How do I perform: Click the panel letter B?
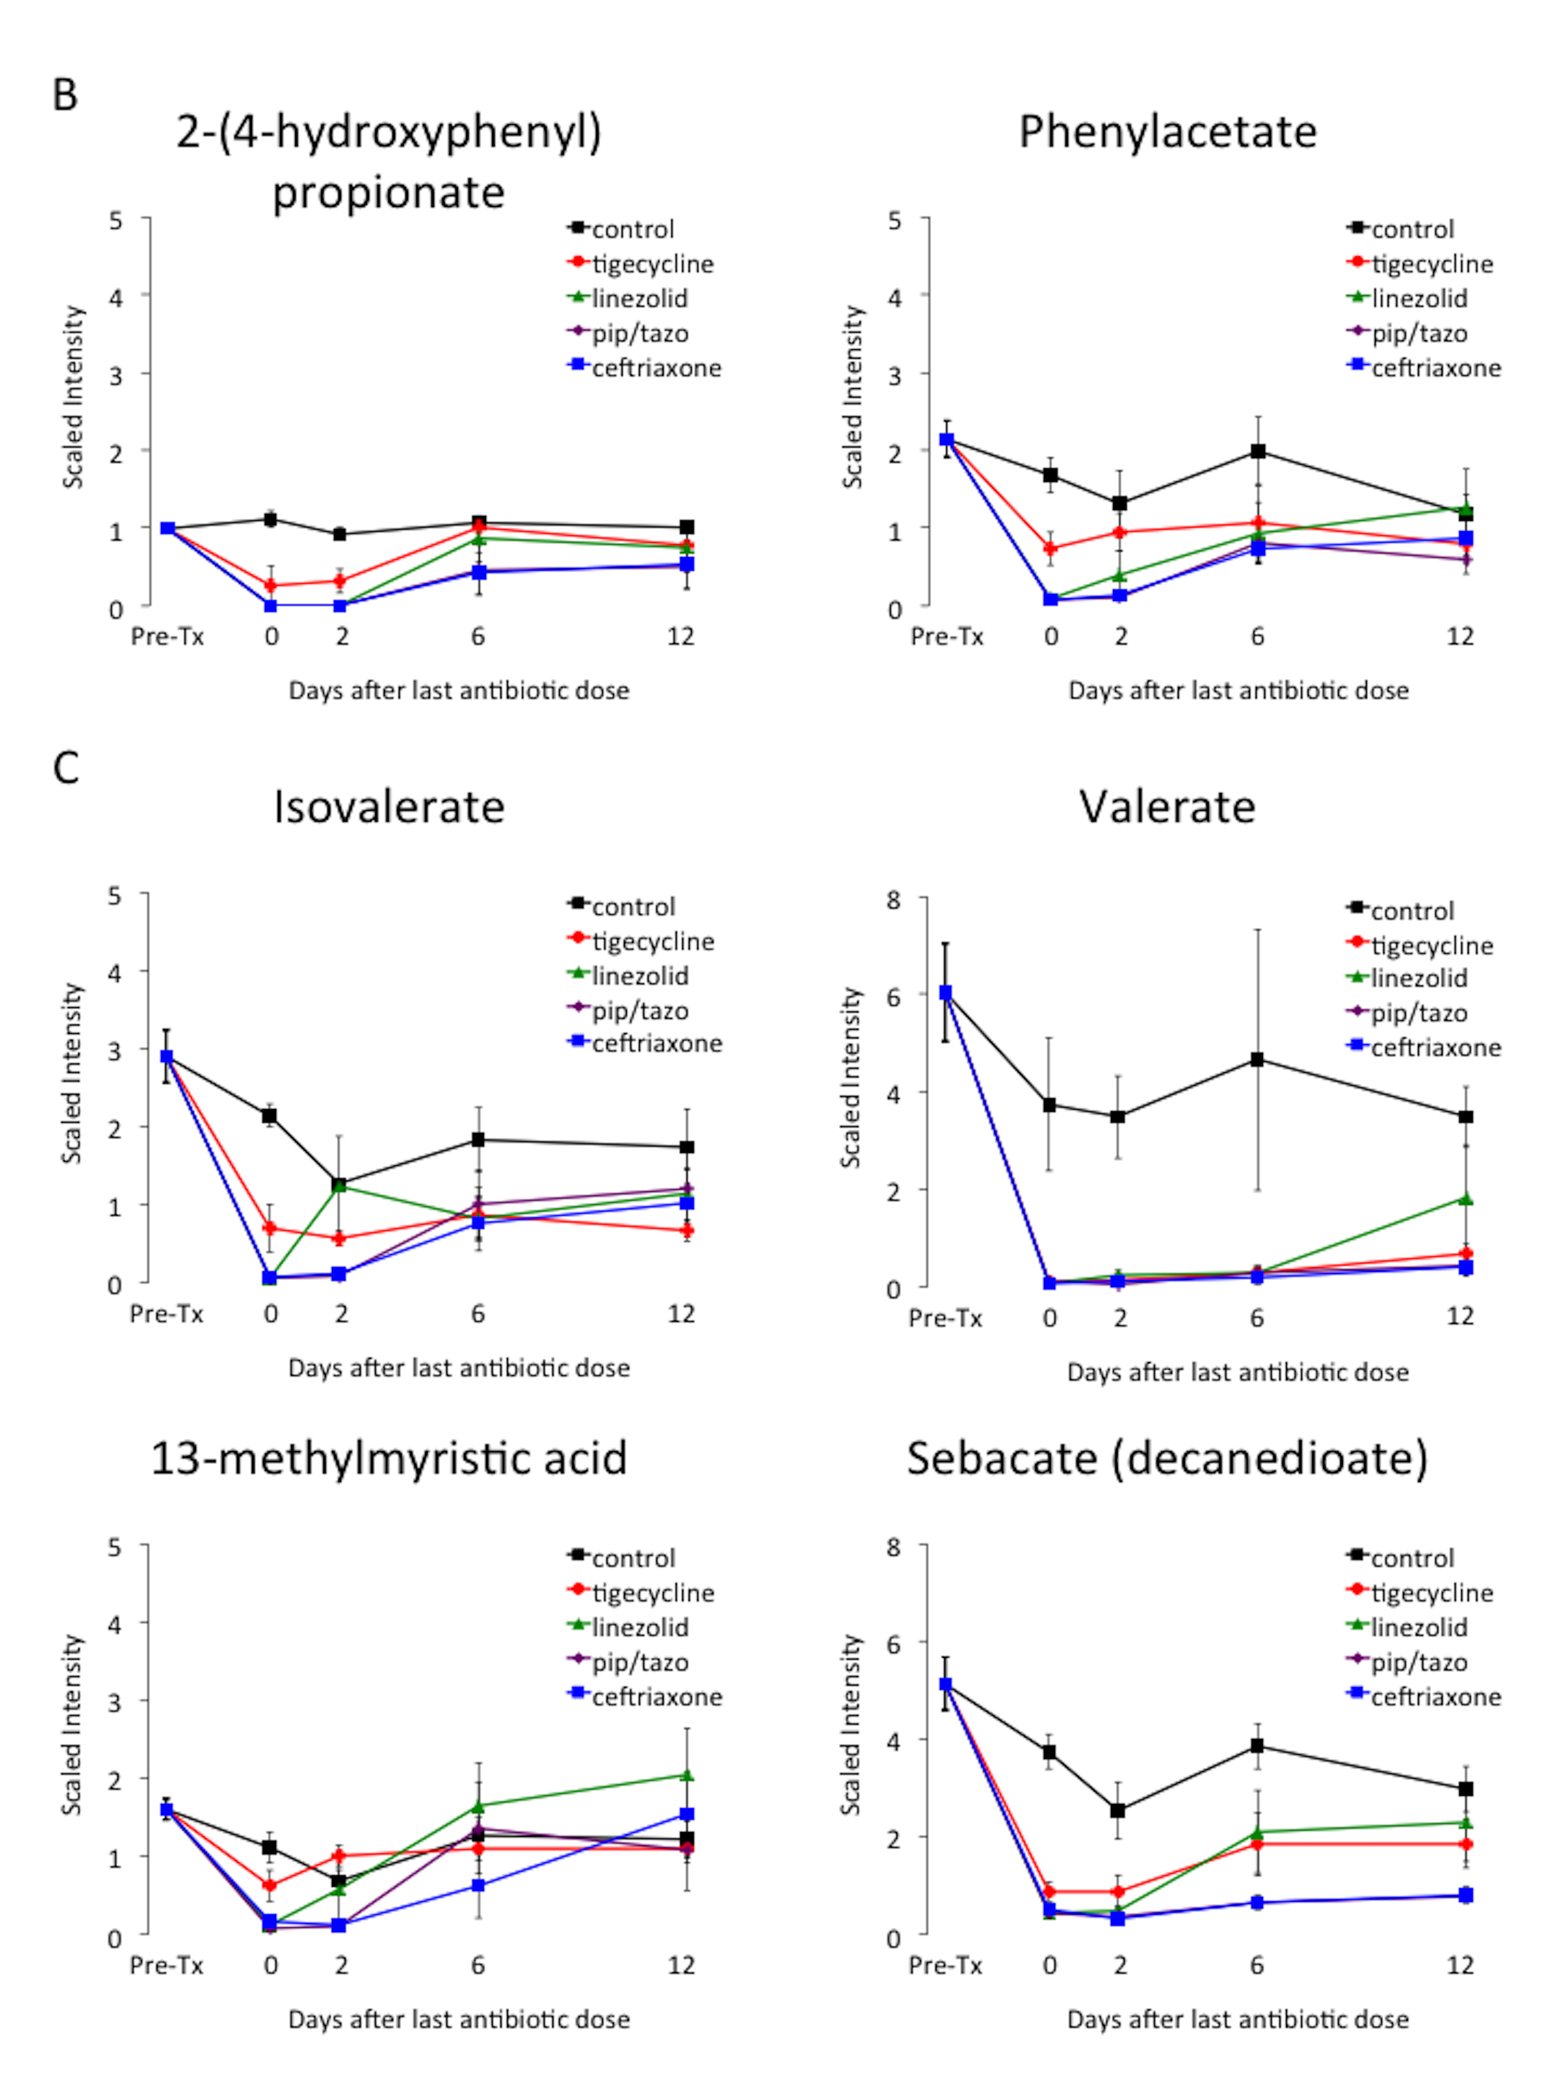[65, 95]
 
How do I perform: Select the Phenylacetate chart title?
[1167, 132]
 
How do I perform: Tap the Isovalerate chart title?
[389, 807]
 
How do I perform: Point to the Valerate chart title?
[1167, 807]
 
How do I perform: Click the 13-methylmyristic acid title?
[389, 1458]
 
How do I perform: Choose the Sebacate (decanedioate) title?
[1167, 1458]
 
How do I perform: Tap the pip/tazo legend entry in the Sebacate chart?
[1418, 1663]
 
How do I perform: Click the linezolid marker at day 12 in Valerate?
[1465, 1199]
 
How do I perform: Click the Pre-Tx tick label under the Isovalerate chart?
[166, 1313]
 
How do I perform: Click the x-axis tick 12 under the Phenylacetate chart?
[1459, 637]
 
